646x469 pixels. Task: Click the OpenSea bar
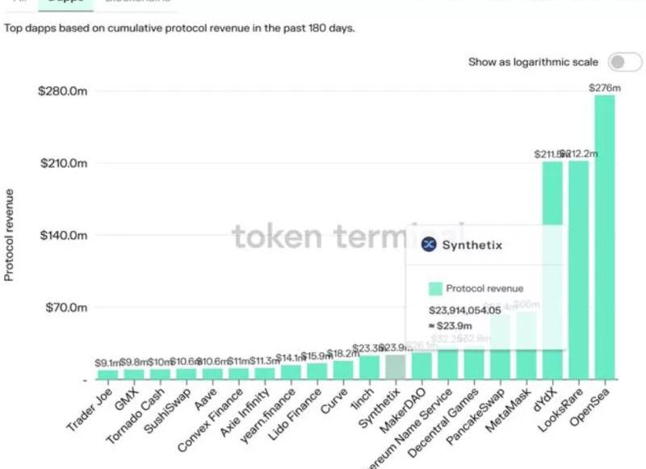click(604, 237)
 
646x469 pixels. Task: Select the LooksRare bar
click(578, 270)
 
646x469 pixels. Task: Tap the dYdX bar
click(552, 194)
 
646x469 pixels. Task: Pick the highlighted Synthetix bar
click(395, 367)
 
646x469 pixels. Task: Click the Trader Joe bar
click(107, 375)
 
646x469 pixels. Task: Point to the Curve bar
click(343, 370)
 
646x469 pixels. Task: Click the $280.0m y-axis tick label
click(62, 91)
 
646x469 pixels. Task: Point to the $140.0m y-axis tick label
click(62, 236)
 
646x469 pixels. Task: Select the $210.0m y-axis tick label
click(62, 163)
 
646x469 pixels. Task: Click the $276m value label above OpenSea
click(604, 86)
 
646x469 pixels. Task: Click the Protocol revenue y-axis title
click(10, 235)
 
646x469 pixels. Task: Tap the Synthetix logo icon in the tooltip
click(429, 245)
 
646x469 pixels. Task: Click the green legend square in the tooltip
click(435, 288)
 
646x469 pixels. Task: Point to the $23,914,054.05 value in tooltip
click(464, 309)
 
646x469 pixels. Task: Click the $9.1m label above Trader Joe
click(107, 362)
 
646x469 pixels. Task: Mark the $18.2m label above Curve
click(343, 353)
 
